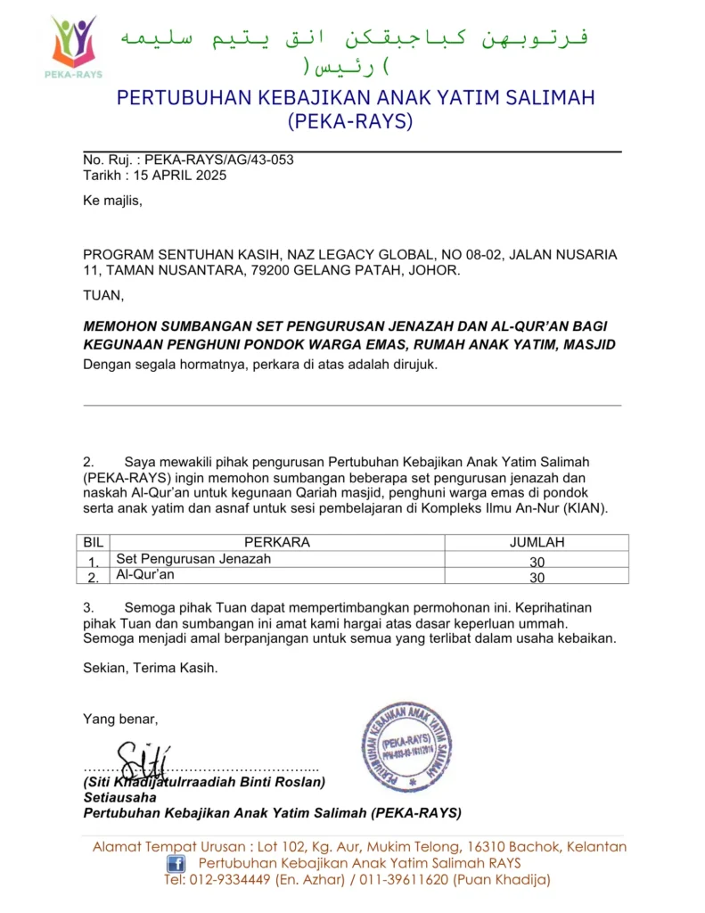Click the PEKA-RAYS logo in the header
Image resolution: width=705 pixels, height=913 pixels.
74,45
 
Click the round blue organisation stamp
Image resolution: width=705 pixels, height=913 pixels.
406,746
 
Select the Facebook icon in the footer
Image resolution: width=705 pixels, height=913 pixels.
176,863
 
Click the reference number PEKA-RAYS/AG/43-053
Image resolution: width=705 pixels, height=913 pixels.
218,160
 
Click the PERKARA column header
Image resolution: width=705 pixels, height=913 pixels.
277,541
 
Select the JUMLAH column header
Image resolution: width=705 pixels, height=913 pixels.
537,541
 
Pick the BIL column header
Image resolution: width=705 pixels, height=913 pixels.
93,541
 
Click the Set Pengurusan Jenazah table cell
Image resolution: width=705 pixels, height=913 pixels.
193,559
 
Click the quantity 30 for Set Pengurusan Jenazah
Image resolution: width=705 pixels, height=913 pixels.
537,562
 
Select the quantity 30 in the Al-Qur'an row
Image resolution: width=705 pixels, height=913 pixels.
537,578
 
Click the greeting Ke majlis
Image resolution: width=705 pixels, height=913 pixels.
112,201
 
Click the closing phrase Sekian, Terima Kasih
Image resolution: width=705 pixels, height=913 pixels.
150,667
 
